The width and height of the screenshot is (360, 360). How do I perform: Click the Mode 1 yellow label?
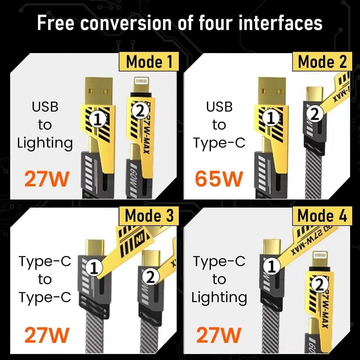pyautogui.click(x=149, y=62)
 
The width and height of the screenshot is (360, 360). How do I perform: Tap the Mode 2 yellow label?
pyautogui.click(x=322, y=62)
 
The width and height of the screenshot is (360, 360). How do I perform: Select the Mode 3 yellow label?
pyautogui.click(x=149, y=216)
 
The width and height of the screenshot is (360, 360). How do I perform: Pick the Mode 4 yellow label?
pyautogui.click(x=322, y=216)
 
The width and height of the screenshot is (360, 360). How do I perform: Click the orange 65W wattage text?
pyautogui.click(x=219, y=179)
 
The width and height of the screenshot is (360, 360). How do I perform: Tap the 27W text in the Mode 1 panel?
pyautogui.click(x=46, y=179)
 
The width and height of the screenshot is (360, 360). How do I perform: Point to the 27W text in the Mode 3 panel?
pyautogui.click(x=46, y=335)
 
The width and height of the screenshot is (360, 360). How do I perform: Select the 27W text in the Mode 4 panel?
pyautogui.click(x=219, y=335)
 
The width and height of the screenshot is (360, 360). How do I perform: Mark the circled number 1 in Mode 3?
pyautogui.click(x=94, y=268)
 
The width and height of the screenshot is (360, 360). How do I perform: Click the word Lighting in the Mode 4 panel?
pyautogui.click(x=219, y=297)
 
